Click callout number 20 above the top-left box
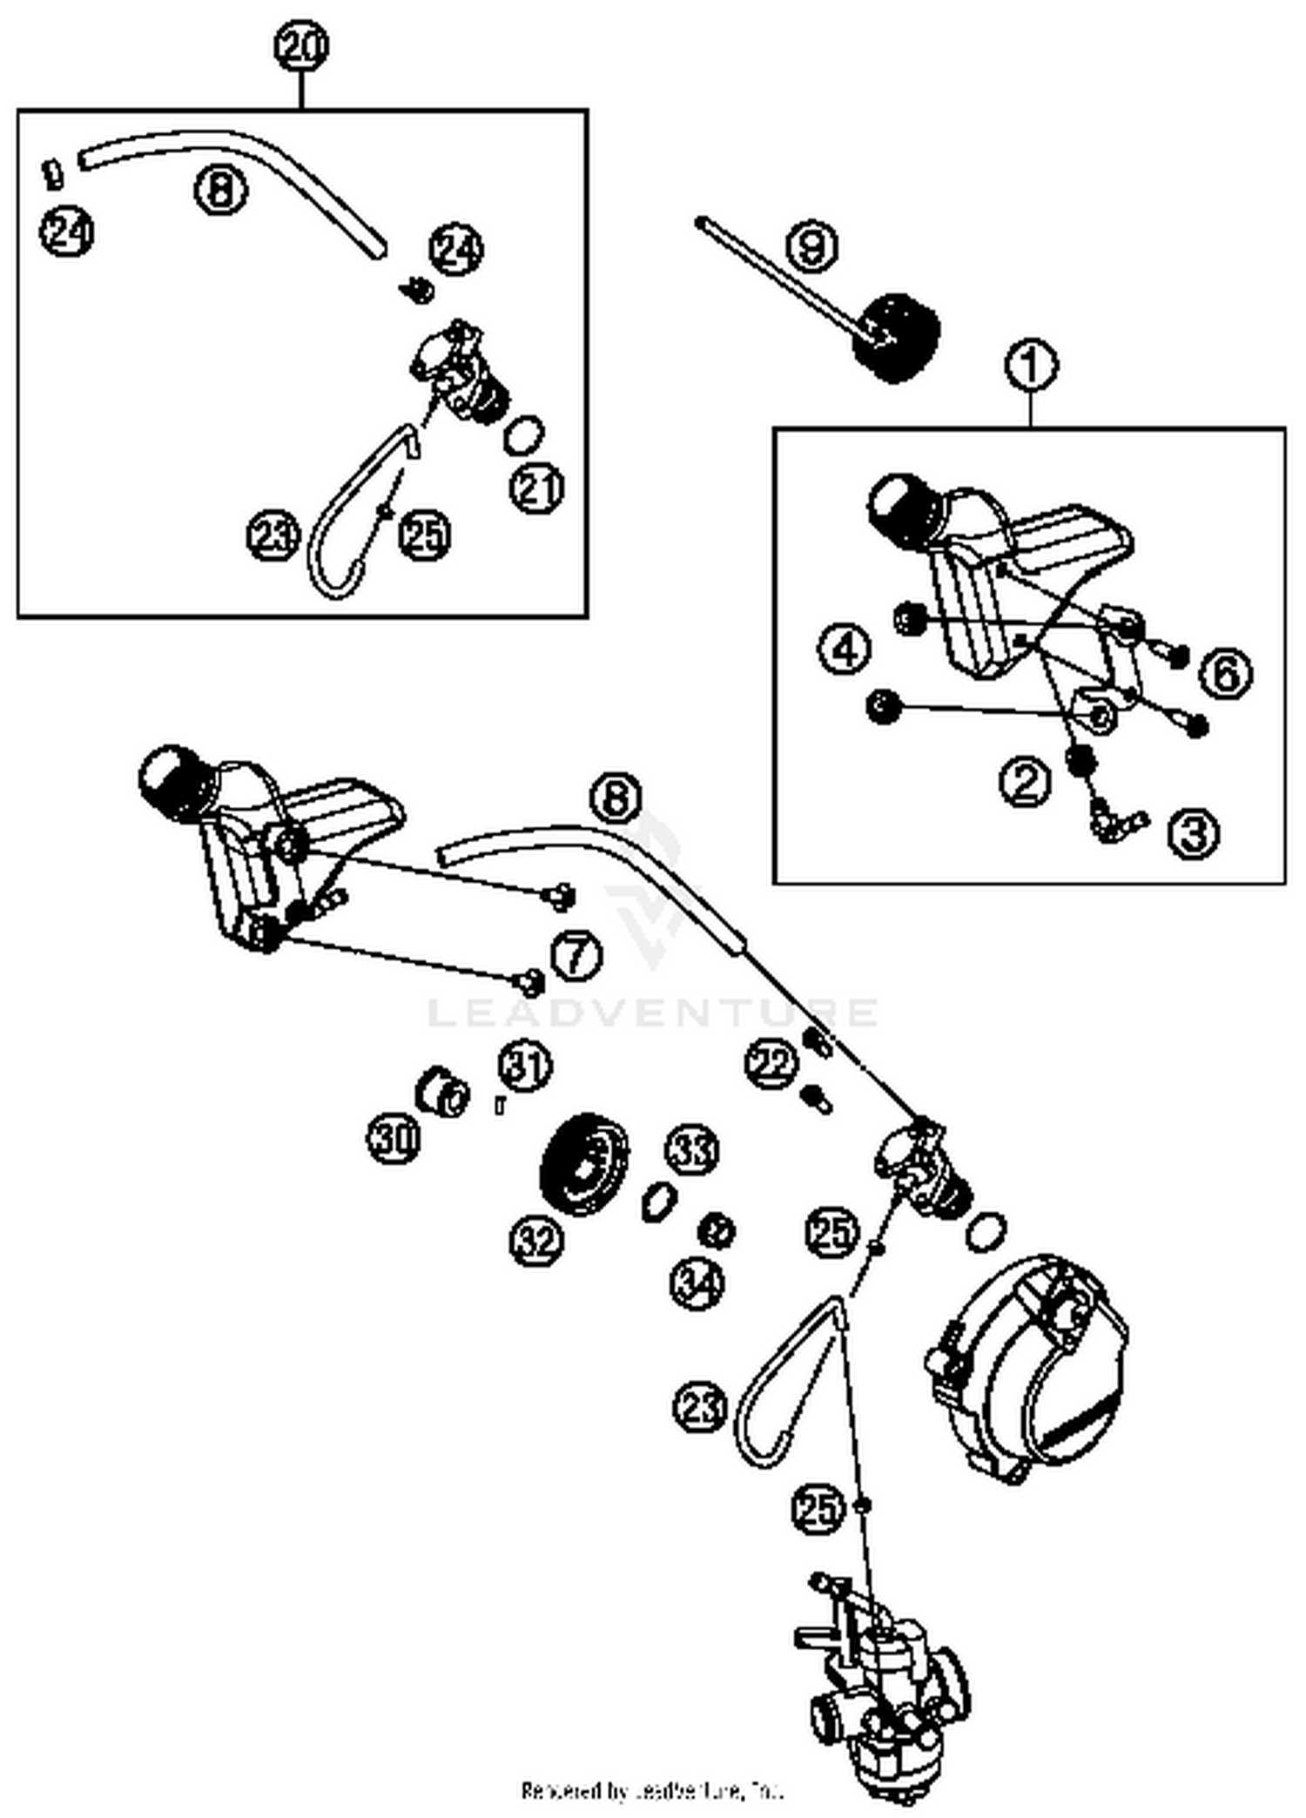[x=301, y=47]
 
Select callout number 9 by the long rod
[x=811, y=246]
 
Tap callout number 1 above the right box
[x=1032, y=366]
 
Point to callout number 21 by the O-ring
[x=536, y=488]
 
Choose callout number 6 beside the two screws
[x=1226, y=673]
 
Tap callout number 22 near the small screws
[x=771, y=1063]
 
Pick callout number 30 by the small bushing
[x=394, y=1137]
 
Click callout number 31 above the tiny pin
[x=525, y=1066]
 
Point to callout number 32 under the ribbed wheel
[x=536, y=1241]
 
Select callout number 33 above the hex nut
[x=692, y=1151]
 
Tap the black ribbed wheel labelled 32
[x=584, y=1160]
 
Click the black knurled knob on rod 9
[x=897, y=339]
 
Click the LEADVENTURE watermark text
[x=653, y=1013]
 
